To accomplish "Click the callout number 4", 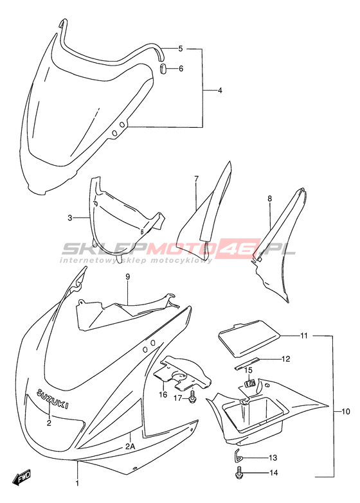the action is [220, 91].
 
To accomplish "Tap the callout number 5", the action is [181, 49].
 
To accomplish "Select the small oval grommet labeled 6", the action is [163, 69].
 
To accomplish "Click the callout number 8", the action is [269, 199].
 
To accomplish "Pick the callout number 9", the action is [127, 276].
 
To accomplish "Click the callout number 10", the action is [346, 412].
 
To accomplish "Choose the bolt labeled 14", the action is [239, 473].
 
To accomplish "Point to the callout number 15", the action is [249, 371].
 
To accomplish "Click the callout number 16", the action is [163, 394].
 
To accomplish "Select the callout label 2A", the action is [129, 446].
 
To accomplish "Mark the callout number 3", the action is [69, 218].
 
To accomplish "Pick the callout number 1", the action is [77, 482].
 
